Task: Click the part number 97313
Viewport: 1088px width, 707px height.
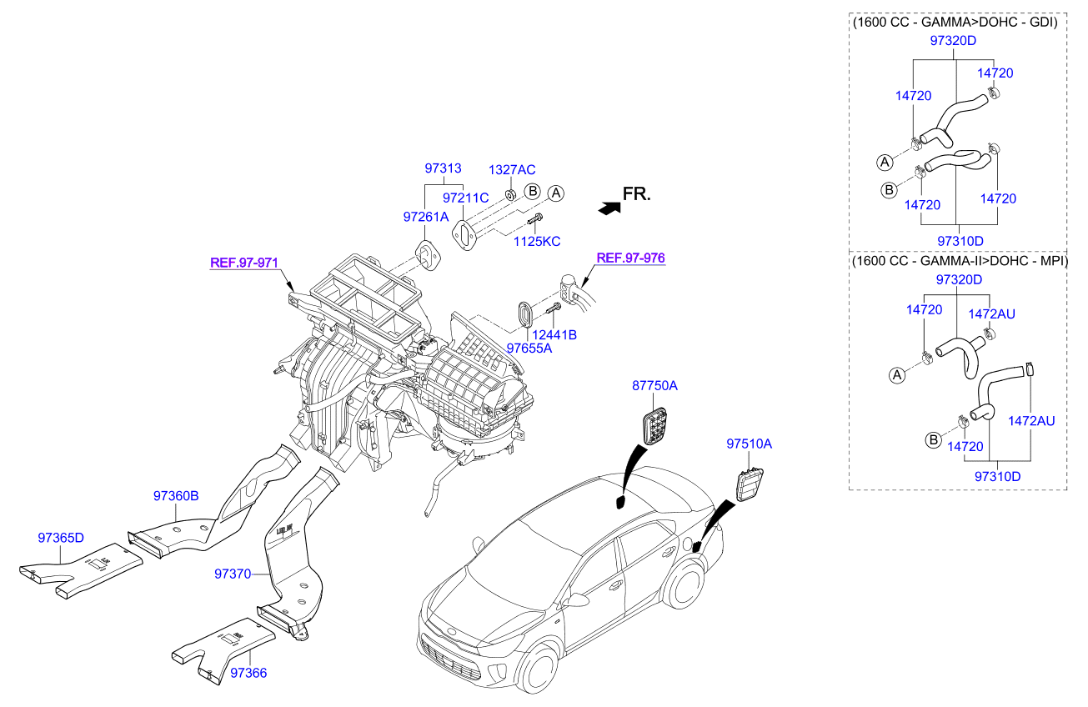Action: point(443,168)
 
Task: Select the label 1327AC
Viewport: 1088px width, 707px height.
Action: point(511,169)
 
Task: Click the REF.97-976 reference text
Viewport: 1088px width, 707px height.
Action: point(631,258)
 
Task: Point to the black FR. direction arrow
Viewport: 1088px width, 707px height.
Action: point(609,208)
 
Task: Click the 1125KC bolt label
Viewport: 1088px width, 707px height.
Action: point(538,241)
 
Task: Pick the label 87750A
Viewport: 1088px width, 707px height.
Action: point(654,386)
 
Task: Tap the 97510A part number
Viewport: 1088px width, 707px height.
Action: point(749,444)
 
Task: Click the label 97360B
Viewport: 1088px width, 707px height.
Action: point(175,495)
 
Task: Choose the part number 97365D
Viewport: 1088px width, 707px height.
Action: point(61,537)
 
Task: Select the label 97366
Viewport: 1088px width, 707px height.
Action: point(248,672)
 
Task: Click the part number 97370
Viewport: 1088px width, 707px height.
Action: point(233,574)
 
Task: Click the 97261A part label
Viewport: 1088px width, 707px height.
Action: point(425,216)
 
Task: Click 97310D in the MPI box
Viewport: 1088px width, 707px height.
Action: point(997,476)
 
